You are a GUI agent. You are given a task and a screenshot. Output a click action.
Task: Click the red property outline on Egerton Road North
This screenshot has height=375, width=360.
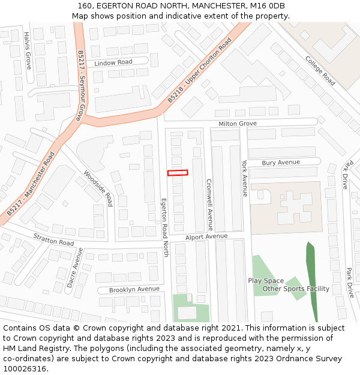click(178, 173)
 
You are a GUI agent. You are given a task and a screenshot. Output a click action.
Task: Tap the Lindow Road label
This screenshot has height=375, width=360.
click(113, 62)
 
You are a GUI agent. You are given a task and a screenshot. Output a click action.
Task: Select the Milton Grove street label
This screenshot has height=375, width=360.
click(238, 124)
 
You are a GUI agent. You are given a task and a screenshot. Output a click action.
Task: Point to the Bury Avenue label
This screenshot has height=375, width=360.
click(281, 163)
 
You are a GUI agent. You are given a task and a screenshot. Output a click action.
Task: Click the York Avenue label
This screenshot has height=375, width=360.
click(244, 178)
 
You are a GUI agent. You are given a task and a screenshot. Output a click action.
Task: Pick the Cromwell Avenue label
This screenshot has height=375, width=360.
click(209, 205)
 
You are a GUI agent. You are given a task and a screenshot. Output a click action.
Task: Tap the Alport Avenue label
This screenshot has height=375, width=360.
click(207, 237)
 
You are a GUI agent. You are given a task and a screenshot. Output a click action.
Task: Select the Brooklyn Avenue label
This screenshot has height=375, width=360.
click(134, 289)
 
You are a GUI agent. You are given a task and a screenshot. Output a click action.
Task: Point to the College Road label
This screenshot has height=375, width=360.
click(320, 71)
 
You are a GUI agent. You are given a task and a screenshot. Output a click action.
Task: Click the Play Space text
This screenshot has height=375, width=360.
click(266, 281)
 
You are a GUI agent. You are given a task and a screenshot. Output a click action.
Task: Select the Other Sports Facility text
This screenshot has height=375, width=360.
click(296, 289)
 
